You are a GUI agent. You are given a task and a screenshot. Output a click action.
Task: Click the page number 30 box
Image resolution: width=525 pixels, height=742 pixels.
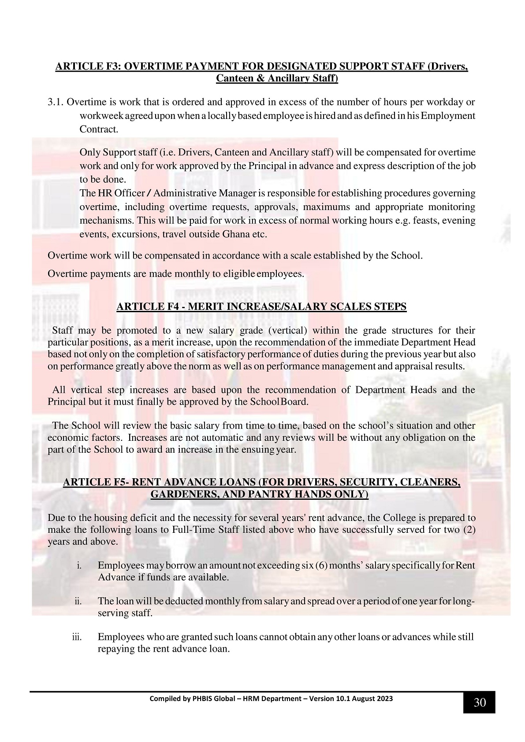coord(479,702)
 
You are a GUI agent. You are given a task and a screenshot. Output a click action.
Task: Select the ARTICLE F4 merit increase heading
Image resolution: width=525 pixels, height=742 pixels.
coord(261,307)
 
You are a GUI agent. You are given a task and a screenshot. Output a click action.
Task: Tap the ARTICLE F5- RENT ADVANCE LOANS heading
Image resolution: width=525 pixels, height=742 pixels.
coord(261,483)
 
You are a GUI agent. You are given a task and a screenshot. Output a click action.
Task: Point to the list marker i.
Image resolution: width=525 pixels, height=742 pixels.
coord(79,565)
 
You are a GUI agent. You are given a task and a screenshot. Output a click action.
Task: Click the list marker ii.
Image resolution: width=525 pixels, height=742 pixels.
coord(78,601)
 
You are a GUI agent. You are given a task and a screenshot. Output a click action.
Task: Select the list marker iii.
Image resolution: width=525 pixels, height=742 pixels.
coord(77,637)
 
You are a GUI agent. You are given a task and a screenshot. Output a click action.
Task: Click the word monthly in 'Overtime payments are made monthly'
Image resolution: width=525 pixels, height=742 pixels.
coord(192,274)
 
